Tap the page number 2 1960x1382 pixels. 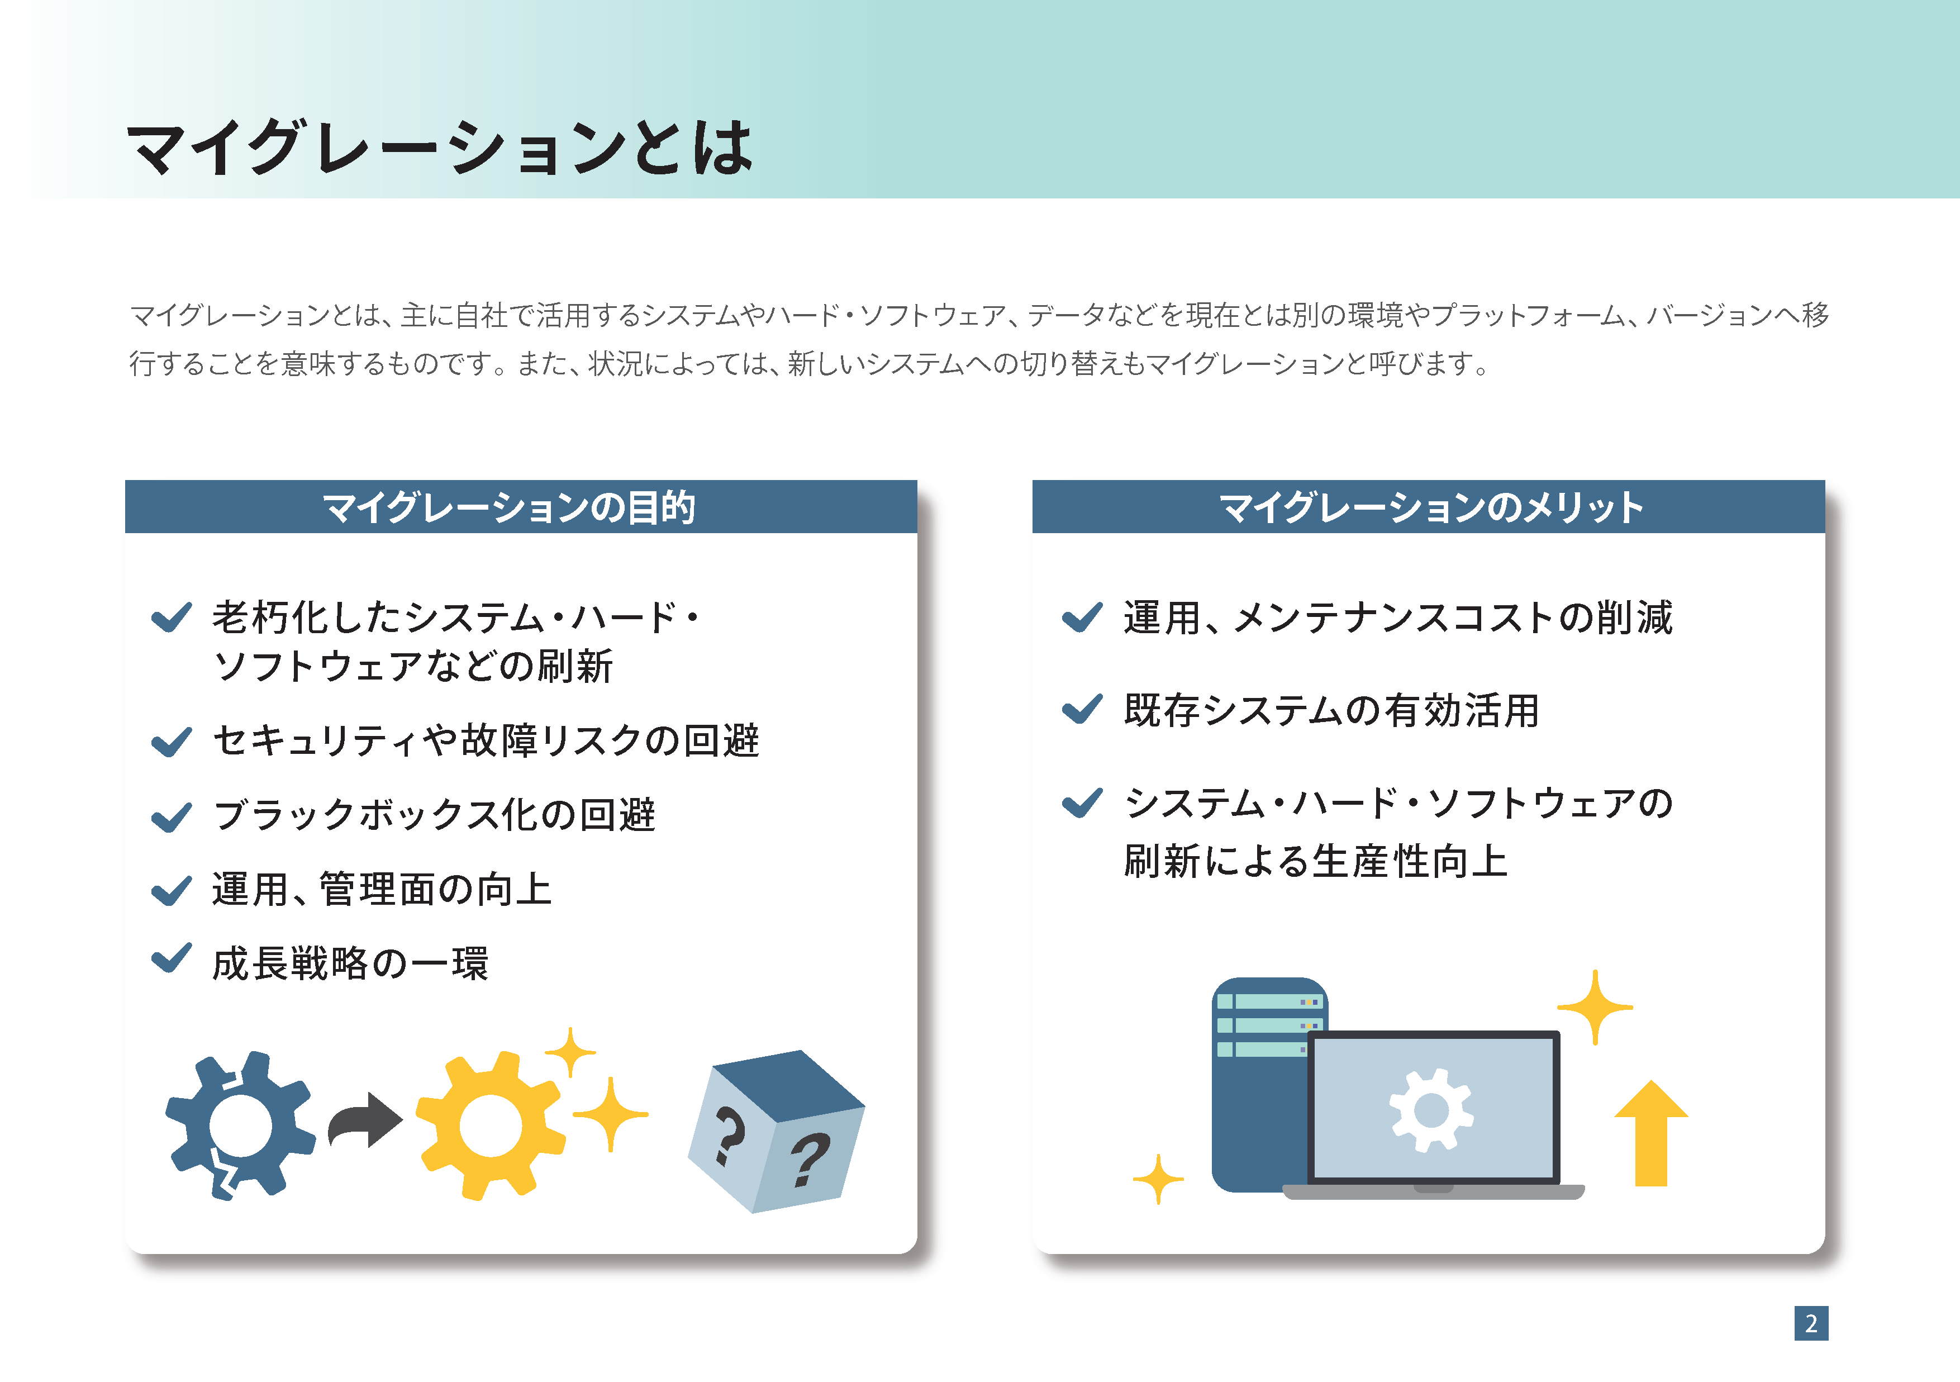coord(1811,1323)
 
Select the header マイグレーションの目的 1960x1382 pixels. coord(510,507)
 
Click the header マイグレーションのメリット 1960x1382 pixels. coord(1431,507)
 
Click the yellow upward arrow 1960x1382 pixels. coord(1651,1134)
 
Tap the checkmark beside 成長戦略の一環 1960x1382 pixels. coord(172,958)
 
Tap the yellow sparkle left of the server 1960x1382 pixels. coord(1158,1180)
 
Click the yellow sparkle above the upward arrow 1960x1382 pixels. coord(1595,1007)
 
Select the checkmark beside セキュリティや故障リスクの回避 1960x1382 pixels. coord(172,742)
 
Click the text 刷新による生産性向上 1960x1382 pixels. coord(1315,861)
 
